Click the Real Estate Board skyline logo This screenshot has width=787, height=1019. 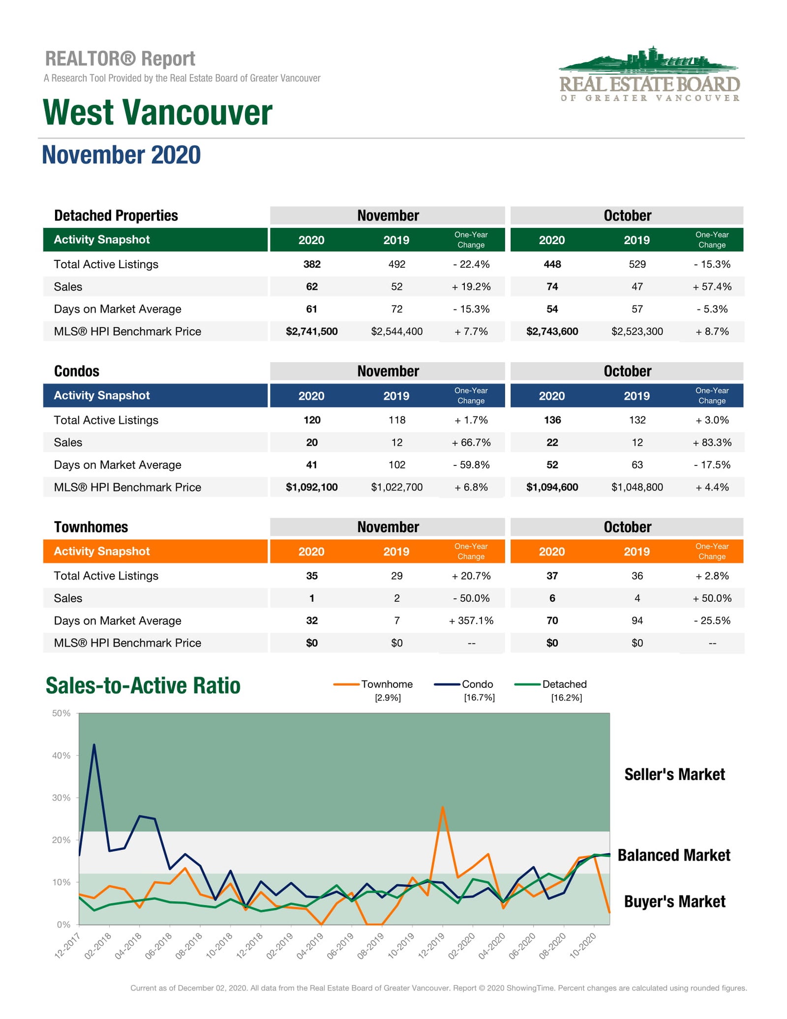pyautogui.click(x=649, y=74)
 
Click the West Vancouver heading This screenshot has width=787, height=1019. pyautogui.click(x=157, y=112)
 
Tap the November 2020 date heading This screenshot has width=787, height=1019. pyautogui.click(x=121, y=155)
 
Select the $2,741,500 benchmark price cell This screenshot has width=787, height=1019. pyautogui.click(x=312, y=331)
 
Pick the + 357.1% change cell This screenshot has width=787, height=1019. pyautogui.click(x=471, y=620)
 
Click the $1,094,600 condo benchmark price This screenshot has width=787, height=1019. pyautogui.click(x=552, y=487)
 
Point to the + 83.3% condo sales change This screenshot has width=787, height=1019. pyautogui.click(x=712, y=442)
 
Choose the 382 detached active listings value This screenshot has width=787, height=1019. pyautogui.click(x=312, y=264)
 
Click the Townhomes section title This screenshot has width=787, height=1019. pyautogui.click(x=91, y=527)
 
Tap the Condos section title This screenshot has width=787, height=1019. pyautogui.click(x=77, y=371)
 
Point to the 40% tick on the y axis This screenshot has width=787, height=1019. pyautogui.click(x=61, y=755)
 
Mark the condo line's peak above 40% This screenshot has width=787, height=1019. pyautogui.click(x=94, y=745)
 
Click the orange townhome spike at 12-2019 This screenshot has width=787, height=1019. pyautogui.click(x=443, y=807)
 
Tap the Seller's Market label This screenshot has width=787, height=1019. pyautogui.click(x=675, y=774)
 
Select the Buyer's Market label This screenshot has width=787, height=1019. pyautogui.click(x=675, y=901)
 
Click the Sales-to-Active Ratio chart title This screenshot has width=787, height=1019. pyautogui.click(x=143, y=685)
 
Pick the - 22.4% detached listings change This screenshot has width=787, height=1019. pyautogui.click(x=471, y=264)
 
